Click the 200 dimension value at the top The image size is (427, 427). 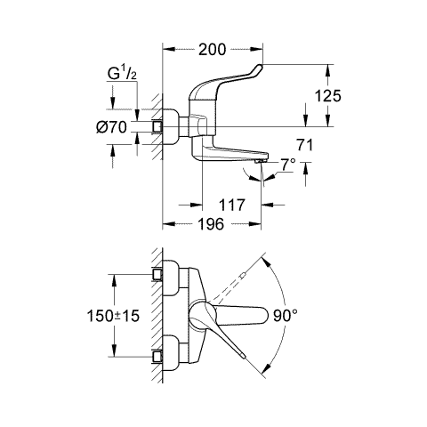(x=212, y=50)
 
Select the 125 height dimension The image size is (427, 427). (x=328, y=96)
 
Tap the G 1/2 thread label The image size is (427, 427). (x=122, y=74)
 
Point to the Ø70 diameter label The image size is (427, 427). (x=111, y=127)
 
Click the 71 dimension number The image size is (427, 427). (x=304, y=145)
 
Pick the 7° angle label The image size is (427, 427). (x=288, y=165)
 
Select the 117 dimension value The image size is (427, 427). (x=232, y=205)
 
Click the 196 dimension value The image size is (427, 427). (x=211, y=224)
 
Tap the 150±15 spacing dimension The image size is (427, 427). (x=113, y=316)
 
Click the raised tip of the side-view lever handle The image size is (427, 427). (x=261, y=67)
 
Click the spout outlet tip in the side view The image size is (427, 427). (x=261, y=161)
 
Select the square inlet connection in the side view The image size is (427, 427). (x=157, y=127)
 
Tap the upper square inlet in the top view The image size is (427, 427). (x=157, y=274)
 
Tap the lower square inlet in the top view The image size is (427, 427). (x=157, y=357)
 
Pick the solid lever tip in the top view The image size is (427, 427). (x=243, y=356)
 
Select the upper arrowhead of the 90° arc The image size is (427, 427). (x=267, y=262)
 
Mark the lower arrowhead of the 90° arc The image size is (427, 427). (x=267, y=367)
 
